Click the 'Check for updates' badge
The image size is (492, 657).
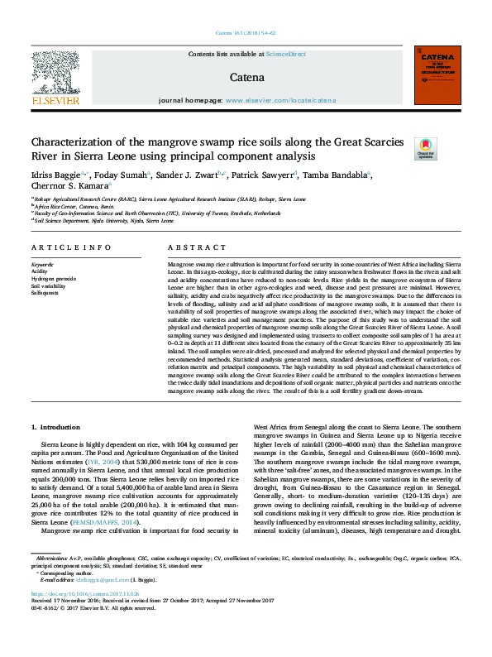pos(402,149)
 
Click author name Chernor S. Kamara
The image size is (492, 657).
pos(64,187)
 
